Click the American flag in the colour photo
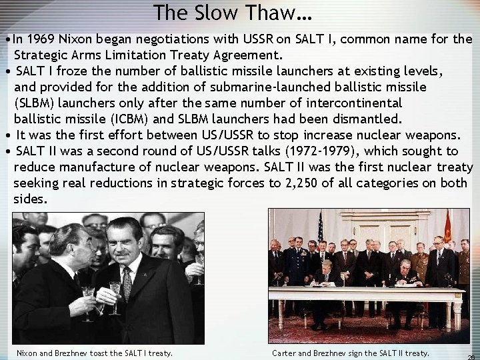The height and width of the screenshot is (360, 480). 321,227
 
